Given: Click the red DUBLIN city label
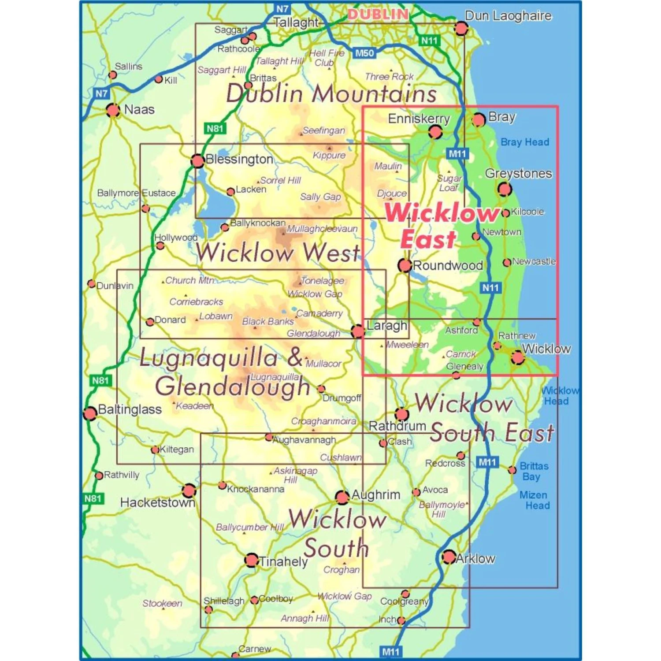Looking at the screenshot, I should (378, 15).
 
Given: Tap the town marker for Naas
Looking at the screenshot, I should (113, 110).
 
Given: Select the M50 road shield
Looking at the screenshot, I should (364, 53).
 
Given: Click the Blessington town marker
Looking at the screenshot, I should (197, 161).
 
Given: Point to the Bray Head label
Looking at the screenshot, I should (525, 142).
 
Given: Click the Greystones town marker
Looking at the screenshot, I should (505, 189).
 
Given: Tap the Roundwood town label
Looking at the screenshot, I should (448, 265).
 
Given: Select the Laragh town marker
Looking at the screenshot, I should (358, 331).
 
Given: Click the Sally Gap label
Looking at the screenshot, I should (320, 197).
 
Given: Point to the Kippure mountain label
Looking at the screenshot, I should (329, 155).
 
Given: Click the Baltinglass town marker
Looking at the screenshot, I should (90, 413).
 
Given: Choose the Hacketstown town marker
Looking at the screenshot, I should (189, 490).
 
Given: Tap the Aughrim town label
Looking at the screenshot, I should (376, 494).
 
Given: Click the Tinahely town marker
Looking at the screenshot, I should (251, 560).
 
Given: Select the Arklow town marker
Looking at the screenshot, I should (449, 557).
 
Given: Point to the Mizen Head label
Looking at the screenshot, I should (534, 500).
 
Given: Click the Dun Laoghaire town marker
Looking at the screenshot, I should (461, 29).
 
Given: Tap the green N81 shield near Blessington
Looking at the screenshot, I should (215, 128).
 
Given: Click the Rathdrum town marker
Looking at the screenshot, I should (401, 414).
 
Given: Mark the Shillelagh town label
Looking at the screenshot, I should (224, 601).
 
